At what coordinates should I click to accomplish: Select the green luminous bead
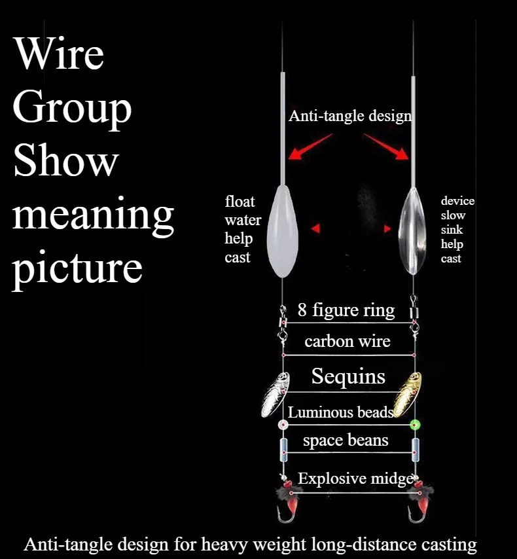[x=414, y=425]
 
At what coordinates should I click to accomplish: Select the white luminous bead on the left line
[x=283, y=425]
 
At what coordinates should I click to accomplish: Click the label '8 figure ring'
[x=346, y=310]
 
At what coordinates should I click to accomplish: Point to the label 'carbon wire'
[x=347, y=341]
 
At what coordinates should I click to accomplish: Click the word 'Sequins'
[x=348, y=376]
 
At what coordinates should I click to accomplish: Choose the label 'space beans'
[x=346, y=440]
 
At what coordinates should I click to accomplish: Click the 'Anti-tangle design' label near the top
[x=350, y=116]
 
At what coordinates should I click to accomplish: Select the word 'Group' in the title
[x=72, y=109]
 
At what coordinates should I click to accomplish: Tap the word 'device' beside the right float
[x=457, y=201]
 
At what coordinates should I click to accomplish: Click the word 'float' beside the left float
[x=240, y=201]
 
